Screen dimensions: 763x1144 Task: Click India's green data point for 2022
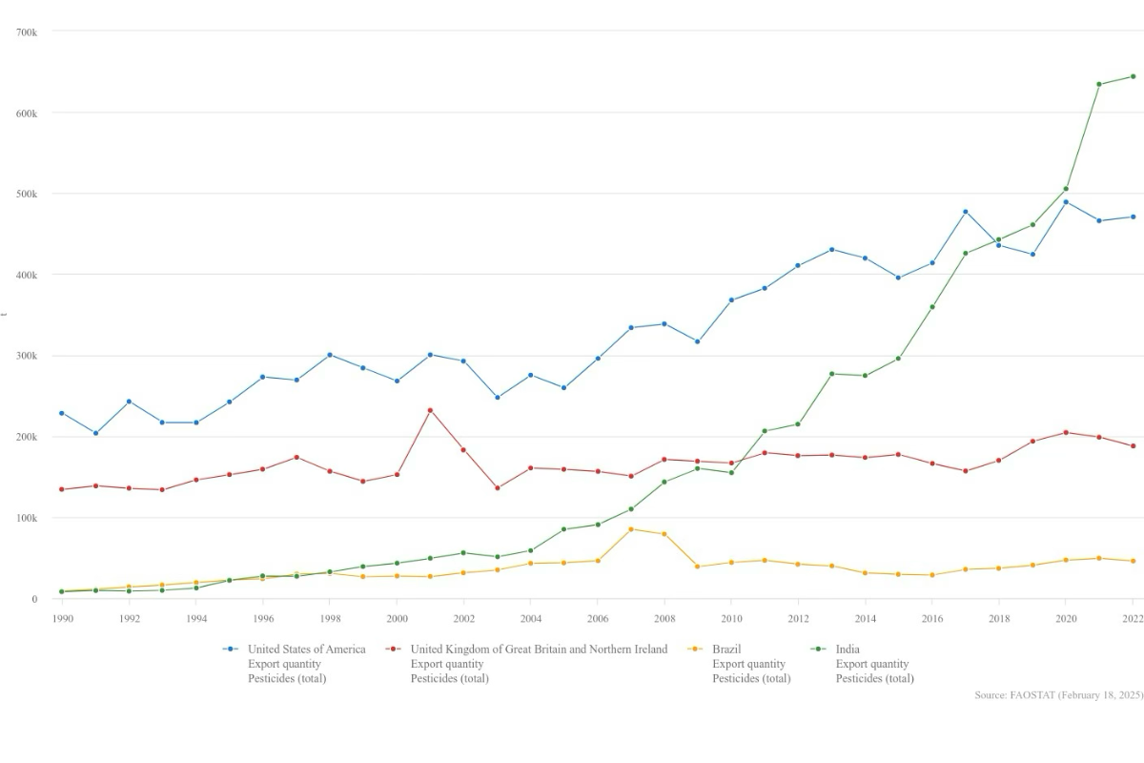[x=1133, y=76]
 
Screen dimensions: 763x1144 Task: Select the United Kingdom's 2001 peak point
[x=430, y=410]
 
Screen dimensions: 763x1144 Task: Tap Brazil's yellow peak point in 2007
[x=631, y=529]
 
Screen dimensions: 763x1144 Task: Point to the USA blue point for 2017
[x=966, y=212]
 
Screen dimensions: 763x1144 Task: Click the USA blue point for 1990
[x=62, y=413]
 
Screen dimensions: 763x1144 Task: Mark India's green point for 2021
[x=1099, y=84]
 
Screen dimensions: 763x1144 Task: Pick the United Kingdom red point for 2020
[x=1066, y=432]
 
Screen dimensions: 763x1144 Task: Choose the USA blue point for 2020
[x=1066, y=201]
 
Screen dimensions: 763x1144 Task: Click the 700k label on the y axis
[x=27, y=31]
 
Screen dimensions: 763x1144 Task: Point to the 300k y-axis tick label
[x=27, y=356]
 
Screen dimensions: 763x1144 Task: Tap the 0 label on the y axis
[x=33, y=599]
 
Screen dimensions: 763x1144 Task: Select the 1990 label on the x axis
[x=62, y=617]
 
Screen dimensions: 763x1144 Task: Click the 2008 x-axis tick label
[x=664, y=617]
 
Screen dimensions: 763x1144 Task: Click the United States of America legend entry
[x=306, y=650]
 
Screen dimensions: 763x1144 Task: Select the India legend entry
[x=848, y=650]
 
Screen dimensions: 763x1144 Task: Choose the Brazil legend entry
[x=726, y=650]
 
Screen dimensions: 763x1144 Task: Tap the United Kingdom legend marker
[x=392, y=650]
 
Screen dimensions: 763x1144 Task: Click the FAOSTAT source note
[x=1058, y=695]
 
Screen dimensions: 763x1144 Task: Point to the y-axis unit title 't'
[x=4, y=315]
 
